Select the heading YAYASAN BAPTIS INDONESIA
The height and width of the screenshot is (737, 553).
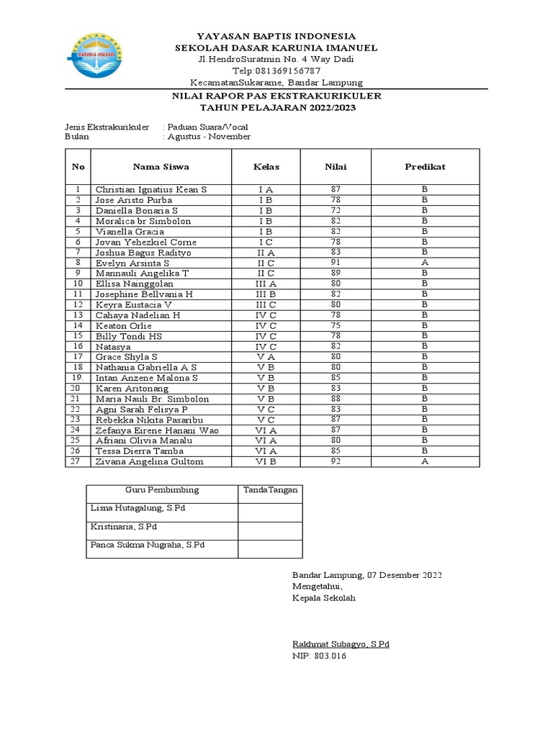[x=276, y=36]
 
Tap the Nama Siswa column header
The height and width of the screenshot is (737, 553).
[x=161, y=167]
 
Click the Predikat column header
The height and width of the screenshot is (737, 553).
[x=425, y=167]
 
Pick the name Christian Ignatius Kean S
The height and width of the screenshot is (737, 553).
[x=151, y=189]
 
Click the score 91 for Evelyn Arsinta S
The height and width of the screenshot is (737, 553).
[x=336, y=263]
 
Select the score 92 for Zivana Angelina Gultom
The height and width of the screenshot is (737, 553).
[x=336, y=461]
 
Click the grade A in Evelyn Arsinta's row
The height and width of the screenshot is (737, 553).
[x=425, y=263]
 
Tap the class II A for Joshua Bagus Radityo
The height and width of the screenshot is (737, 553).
[x=266, y=253]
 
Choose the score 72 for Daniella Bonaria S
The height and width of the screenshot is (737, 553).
[x=336, y=210]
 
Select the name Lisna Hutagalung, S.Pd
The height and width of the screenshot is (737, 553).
[x=138, y=508]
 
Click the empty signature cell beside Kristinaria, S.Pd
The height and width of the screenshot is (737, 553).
[x=269, y=530]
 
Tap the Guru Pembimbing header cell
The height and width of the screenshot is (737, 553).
[x=162, y=490]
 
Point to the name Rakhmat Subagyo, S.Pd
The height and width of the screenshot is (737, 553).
[x=341, y=644]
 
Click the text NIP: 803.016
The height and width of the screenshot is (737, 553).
[x=319, y=656]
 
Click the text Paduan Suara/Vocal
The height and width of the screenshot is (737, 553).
[x=210, y=127]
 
